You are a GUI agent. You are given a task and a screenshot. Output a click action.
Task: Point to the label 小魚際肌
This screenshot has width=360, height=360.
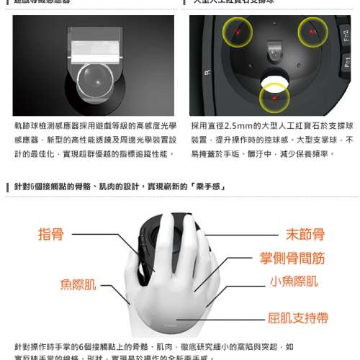pyautogui.click(x=293, y=281)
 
